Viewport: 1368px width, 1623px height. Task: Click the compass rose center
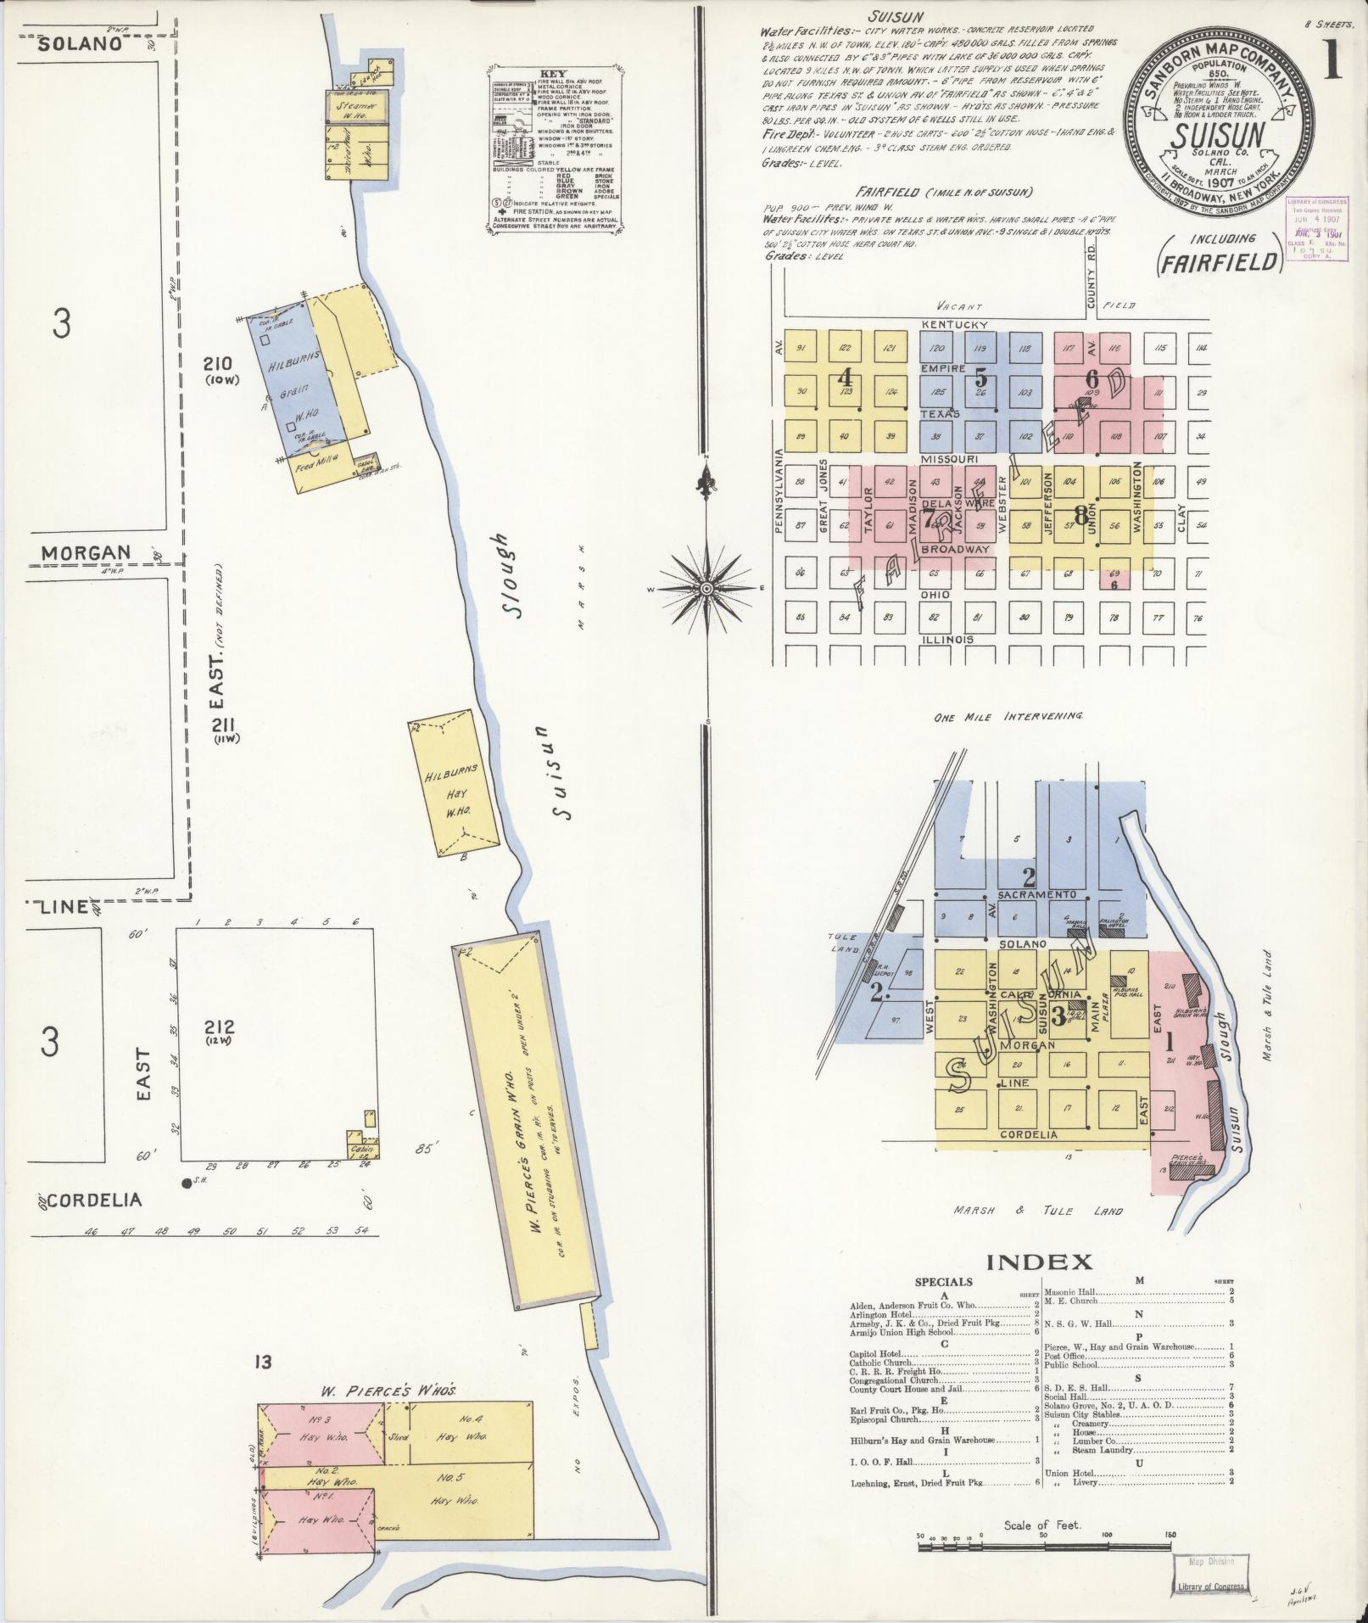(x=706, y=588)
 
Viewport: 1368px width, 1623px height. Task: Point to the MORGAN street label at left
(x=87, y=553)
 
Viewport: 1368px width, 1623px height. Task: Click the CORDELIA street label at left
(x=95, y=1200)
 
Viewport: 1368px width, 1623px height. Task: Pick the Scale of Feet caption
(x=1042, y=1525)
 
